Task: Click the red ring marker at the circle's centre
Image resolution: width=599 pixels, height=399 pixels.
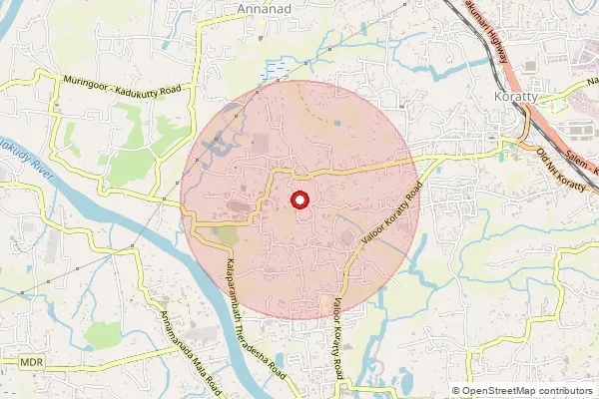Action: [x=299, y=200]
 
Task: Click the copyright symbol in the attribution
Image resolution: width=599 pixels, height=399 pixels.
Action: [x=456, y=391]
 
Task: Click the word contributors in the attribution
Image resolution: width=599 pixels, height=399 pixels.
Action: [x=566, y=391]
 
